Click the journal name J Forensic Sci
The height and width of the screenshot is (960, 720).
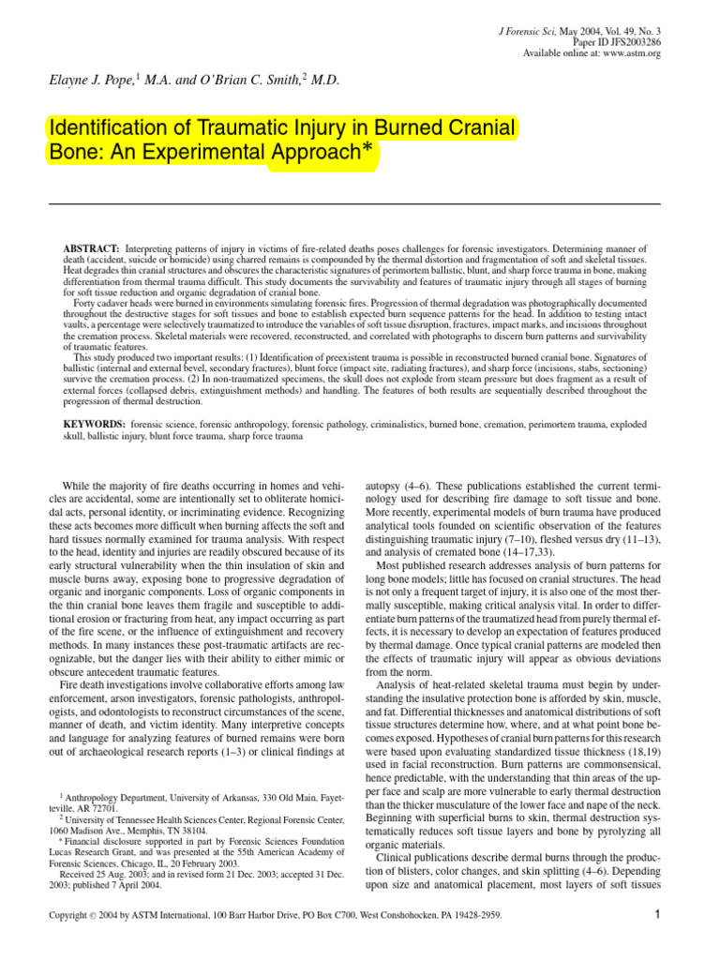coord(532,31)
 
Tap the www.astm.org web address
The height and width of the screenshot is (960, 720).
coord(630,53)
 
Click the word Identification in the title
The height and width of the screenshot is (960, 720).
coord(105,127)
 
